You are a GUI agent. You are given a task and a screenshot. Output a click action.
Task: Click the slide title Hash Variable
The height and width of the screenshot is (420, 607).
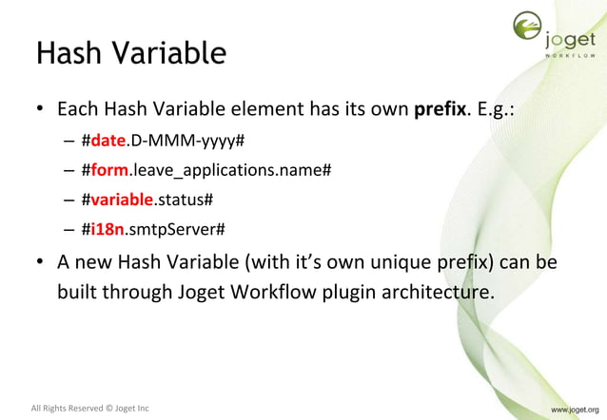coord(130,52)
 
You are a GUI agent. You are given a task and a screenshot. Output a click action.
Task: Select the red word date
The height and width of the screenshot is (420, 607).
coord(108,140)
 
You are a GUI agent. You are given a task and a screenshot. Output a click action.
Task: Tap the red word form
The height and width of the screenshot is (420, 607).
coord(109,170)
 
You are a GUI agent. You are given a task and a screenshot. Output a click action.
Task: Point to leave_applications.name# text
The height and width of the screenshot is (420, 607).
coord(231,170)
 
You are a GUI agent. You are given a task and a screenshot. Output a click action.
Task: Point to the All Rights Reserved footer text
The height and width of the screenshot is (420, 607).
coord(90,409)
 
